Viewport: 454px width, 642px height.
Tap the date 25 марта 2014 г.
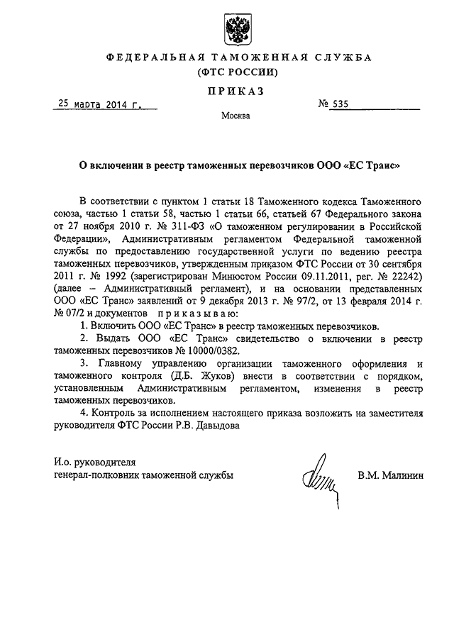tap(99, 106)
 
